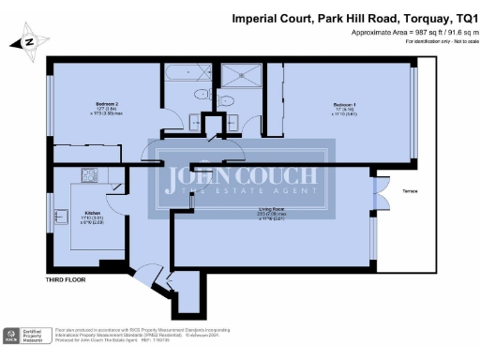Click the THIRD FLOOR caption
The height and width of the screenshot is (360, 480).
(67, 280)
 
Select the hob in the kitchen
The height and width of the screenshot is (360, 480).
(90, 176)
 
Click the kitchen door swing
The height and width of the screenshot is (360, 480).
(116, 187)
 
